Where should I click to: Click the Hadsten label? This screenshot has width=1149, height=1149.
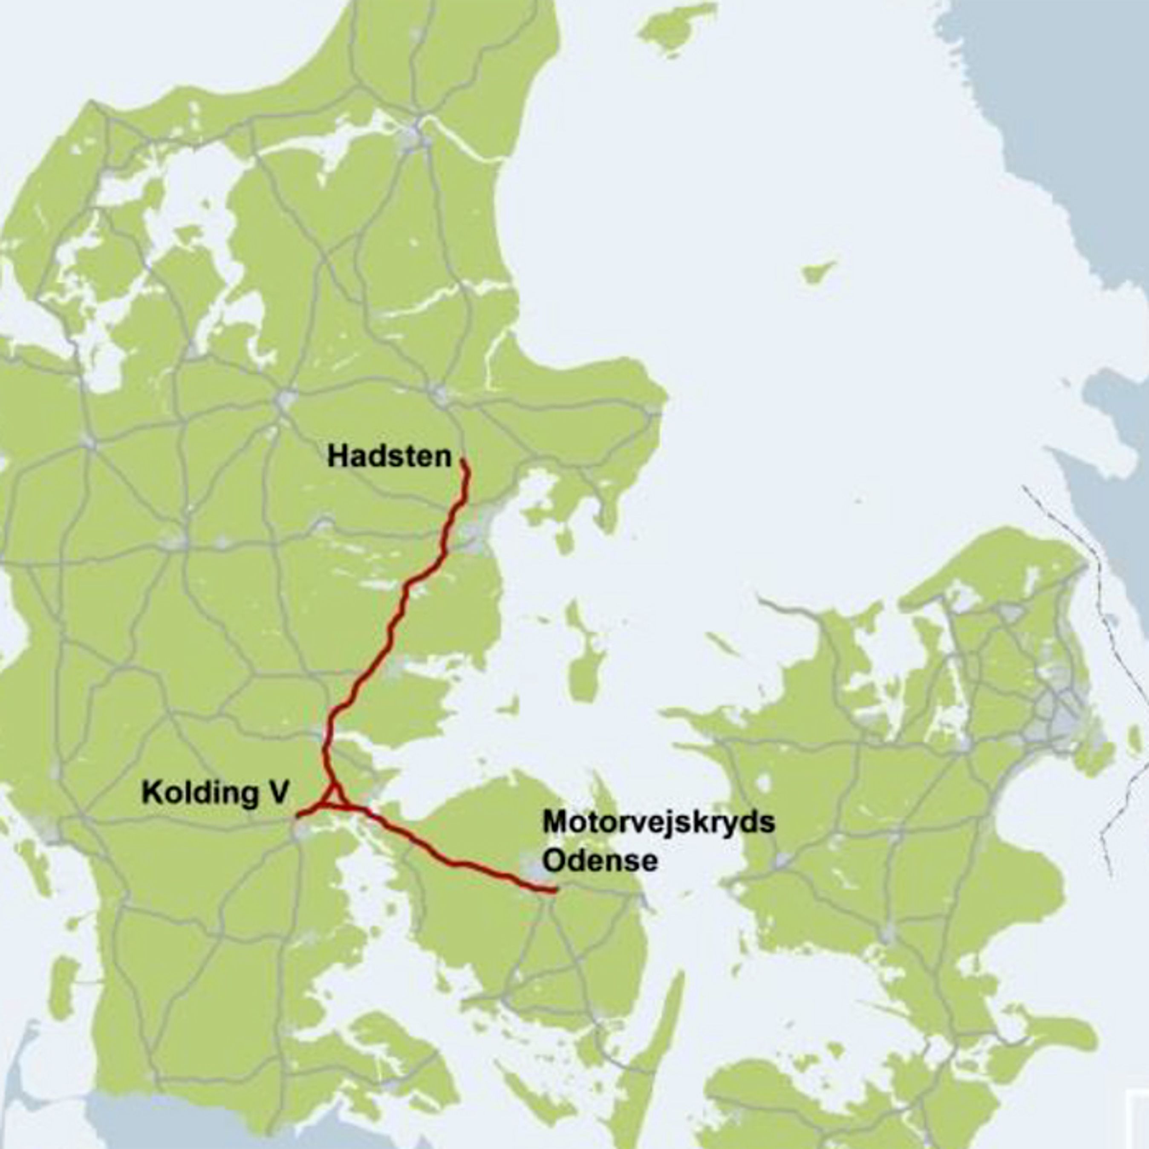coord(390,457)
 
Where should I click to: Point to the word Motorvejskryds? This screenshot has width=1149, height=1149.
coord(659,823)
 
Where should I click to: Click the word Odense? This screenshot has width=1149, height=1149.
coord(600,860)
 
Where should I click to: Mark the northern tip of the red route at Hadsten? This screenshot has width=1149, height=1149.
coord(463,461)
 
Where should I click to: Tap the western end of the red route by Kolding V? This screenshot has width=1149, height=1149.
coord(299,814)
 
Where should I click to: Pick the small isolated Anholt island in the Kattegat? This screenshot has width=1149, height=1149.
coord(819,272)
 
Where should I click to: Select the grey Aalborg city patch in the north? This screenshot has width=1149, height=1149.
coord(416,136)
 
